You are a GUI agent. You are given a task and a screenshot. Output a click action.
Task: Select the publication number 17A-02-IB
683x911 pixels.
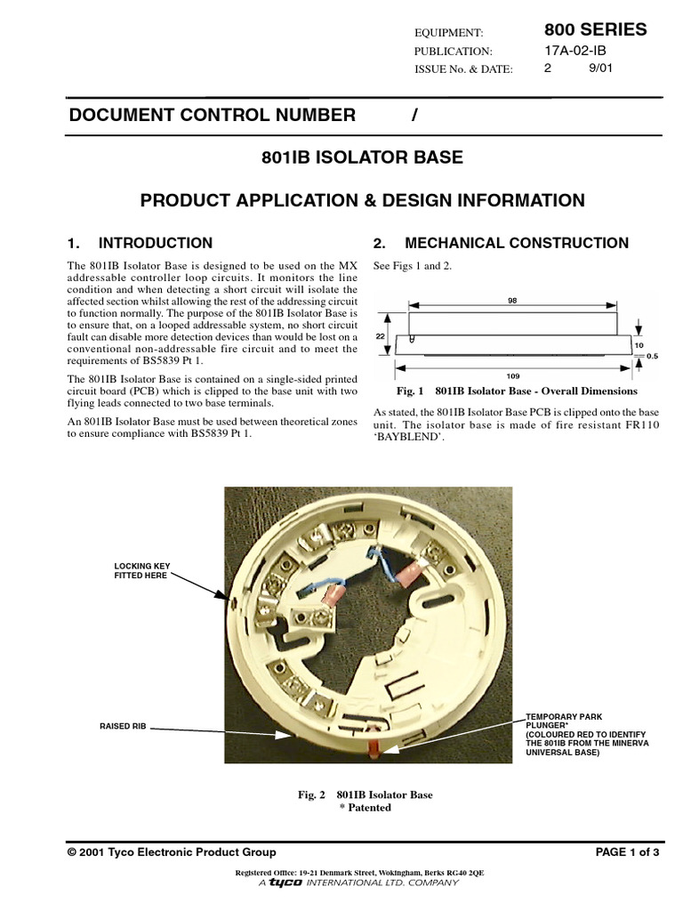coord(575,51)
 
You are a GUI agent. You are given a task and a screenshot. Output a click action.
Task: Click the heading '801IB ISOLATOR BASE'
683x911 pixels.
coord(362,158)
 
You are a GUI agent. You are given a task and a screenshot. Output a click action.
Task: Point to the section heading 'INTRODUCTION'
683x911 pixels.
coord(155,243)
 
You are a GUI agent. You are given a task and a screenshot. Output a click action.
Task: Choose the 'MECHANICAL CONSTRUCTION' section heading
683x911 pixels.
coord(516,243)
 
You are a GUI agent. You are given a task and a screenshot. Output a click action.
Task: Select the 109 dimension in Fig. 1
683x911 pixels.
coord(513,375)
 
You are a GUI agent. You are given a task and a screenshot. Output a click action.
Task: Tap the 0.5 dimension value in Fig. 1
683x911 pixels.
coord(653,356)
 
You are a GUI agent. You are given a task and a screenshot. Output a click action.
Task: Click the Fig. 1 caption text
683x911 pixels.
coord(516,391)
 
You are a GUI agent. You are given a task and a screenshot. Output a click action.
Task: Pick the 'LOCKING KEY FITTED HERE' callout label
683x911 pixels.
coord(140,570)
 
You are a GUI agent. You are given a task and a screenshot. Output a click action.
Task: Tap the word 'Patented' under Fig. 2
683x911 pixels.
coord(369,808)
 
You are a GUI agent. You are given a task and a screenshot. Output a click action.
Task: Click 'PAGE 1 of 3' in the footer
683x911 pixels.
coord(627,852)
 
